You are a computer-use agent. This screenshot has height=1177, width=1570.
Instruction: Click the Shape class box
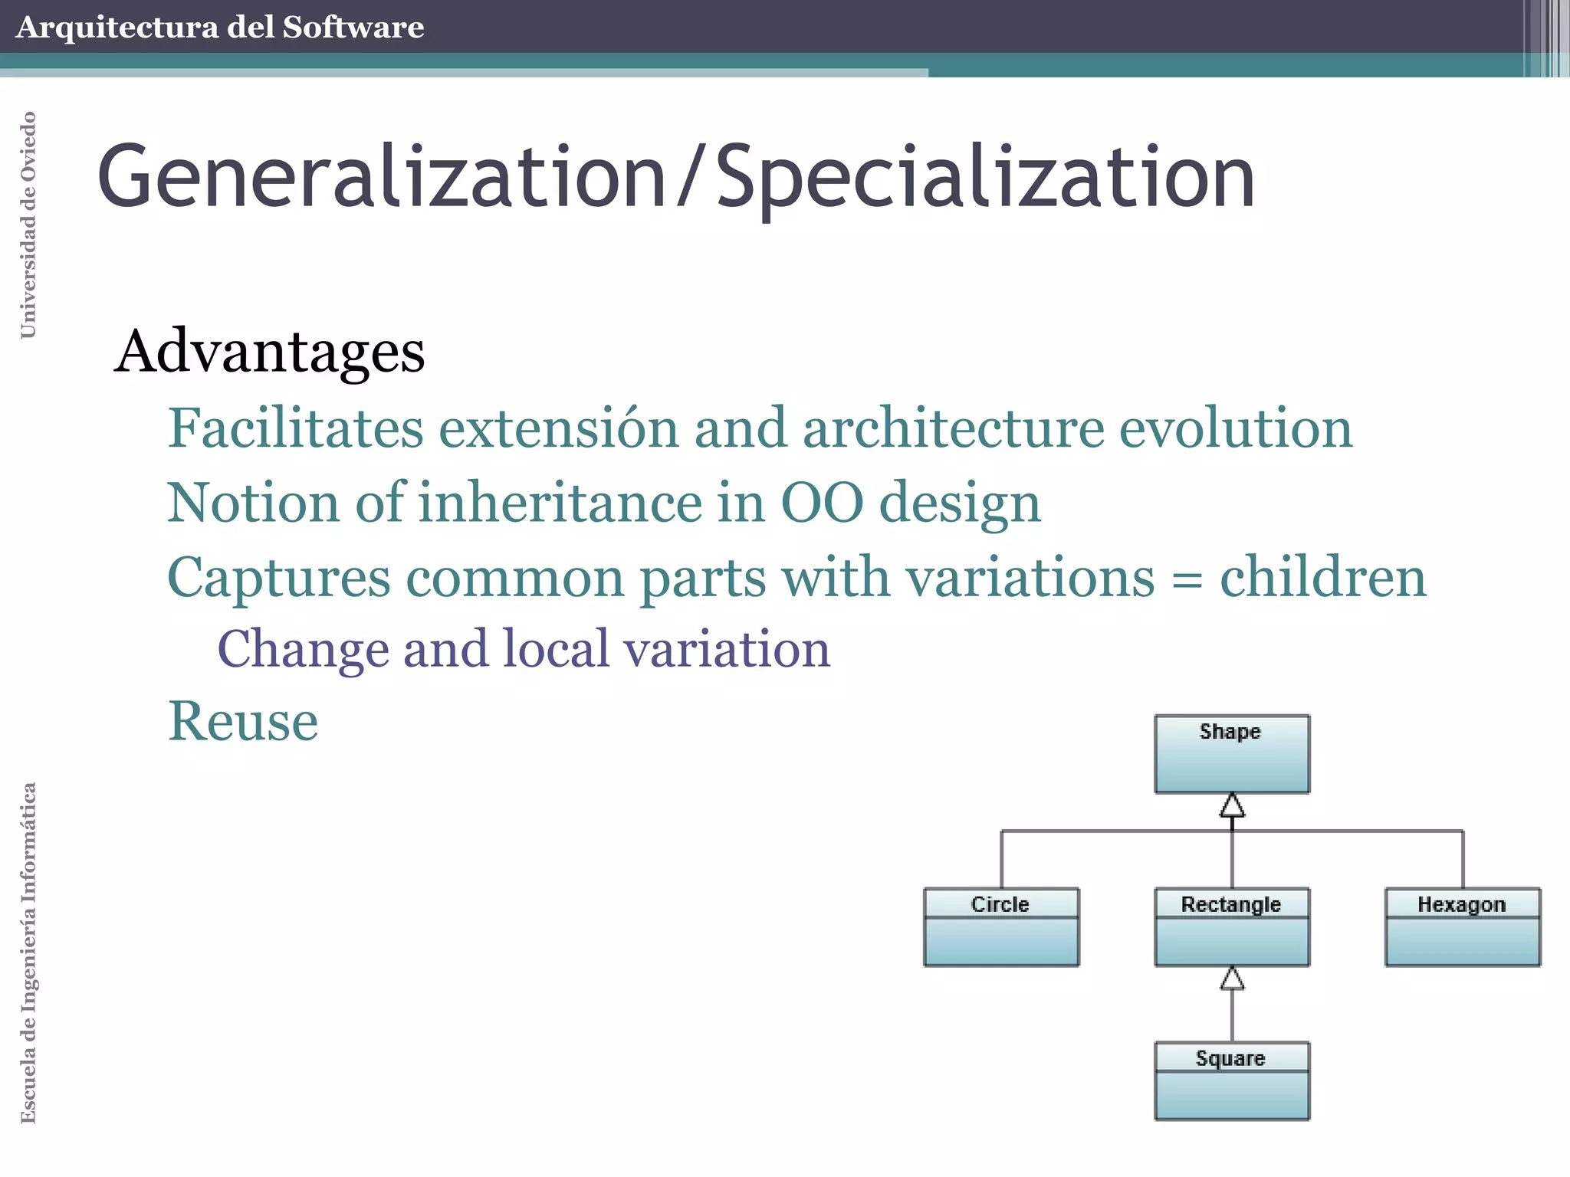click(1231, 754)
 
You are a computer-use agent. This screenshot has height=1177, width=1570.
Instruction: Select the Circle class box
click(1000, 926)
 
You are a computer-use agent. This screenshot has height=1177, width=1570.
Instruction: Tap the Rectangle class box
click(1231, 926)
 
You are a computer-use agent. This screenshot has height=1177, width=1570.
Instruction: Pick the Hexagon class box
click(1462, 926)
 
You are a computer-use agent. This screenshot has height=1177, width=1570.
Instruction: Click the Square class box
click(1231, 1080)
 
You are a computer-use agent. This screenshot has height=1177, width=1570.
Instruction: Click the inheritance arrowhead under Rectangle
click(1232, 979)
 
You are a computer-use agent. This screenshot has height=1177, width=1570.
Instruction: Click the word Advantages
click(270, 352)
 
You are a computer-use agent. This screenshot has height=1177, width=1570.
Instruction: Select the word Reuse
click(243, 722)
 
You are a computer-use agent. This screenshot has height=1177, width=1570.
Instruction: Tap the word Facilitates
click(295, 428)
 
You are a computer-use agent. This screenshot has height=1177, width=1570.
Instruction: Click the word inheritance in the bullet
click(559, 503)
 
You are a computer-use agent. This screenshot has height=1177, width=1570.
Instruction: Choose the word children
click(1323, 577)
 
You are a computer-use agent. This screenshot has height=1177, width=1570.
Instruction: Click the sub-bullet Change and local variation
click(524, 650)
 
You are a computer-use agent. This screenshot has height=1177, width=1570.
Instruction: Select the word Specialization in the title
click(985, 178)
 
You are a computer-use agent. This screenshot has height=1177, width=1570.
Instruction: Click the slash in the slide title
click(691, 178)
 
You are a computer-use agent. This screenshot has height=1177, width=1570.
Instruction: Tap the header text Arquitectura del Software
click(219, 28)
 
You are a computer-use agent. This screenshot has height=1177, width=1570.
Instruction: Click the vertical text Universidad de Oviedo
click(28, 225)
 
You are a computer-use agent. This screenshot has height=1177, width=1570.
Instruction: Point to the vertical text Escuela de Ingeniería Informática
click(28, 952)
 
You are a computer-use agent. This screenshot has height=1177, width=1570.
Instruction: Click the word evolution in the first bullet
click(1236, 428)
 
